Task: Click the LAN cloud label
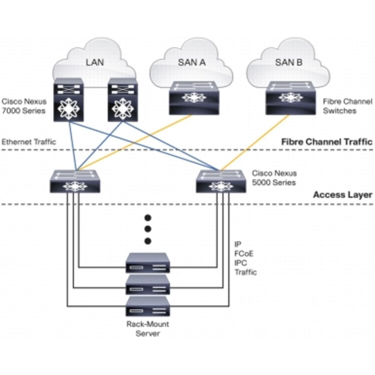point(95,62)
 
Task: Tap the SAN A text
point(192,62)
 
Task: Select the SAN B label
point(289,62)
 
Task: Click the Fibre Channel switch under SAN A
point(194,98)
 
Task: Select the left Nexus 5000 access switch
point(75,181)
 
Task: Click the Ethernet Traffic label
point(29,142)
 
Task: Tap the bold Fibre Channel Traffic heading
point(327,142)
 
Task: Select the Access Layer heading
point(342,195)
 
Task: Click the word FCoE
point(244,253)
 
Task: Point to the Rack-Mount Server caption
point(147,329)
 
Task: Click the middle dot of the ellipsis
point(148,229)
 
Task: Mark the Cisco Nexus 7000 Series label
point(24,106)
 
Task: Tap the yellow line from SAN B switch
point(255,143)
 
